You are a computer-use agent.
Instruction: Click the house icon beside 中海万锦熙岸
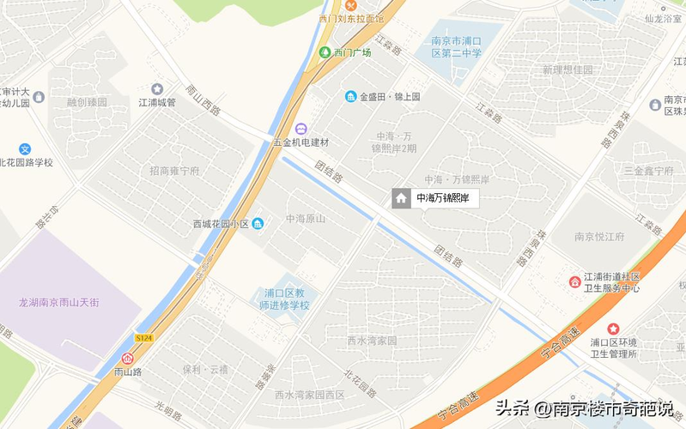(x=400, y=198)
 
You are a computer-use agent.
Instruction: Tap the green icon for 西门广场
(x=325, y=52)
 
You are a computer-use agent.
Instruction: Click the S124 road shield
(x=144, y=338)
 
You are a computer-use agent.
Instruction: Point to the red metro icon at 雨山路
(x=128, y=358)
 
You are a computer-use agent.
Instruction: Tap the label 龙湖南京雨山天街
(x=60, y=302)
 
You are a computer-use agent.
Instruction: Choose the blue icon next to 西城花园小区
(x=258, y=224)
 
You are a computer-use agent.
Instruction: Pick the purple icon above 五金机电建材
(x=301, y=129)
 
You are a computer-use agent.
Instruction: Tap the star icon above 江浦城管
(x=157, y=88)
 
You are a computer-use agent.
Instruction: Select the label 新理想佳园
(x=568, y=69)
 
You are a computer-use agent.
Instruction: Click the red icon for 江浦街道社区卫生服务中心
(x=574, y=281)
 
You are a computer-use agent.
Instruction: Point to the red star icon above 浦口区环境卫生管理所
(x=613, y=329)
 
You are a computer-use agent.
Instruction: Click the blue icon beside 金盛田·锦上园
(x=350, y=96)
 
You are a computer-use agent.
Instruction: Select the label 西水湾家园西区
(x=309, y=395)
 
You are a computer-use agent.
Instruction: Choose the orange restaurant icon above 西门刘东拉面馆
(x=326, y=6)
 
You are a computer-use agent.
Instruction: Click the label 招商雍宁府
(x=174, y=171)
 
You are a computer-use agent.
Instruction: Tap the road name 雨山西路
(x=203, y=100)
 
